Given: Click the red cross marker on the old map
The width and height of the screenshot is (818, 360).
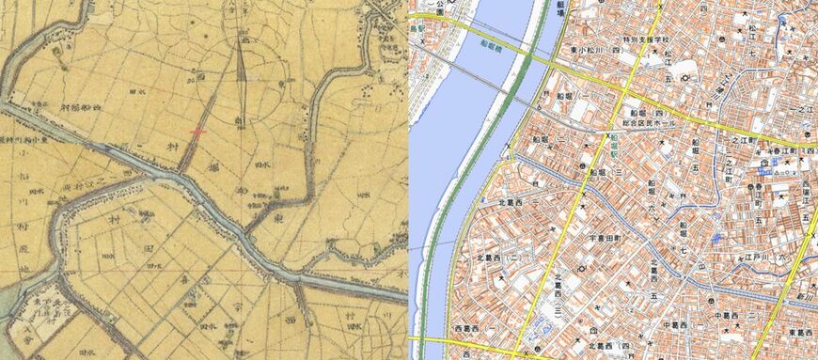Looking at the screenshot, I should [x=198, y=132].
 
